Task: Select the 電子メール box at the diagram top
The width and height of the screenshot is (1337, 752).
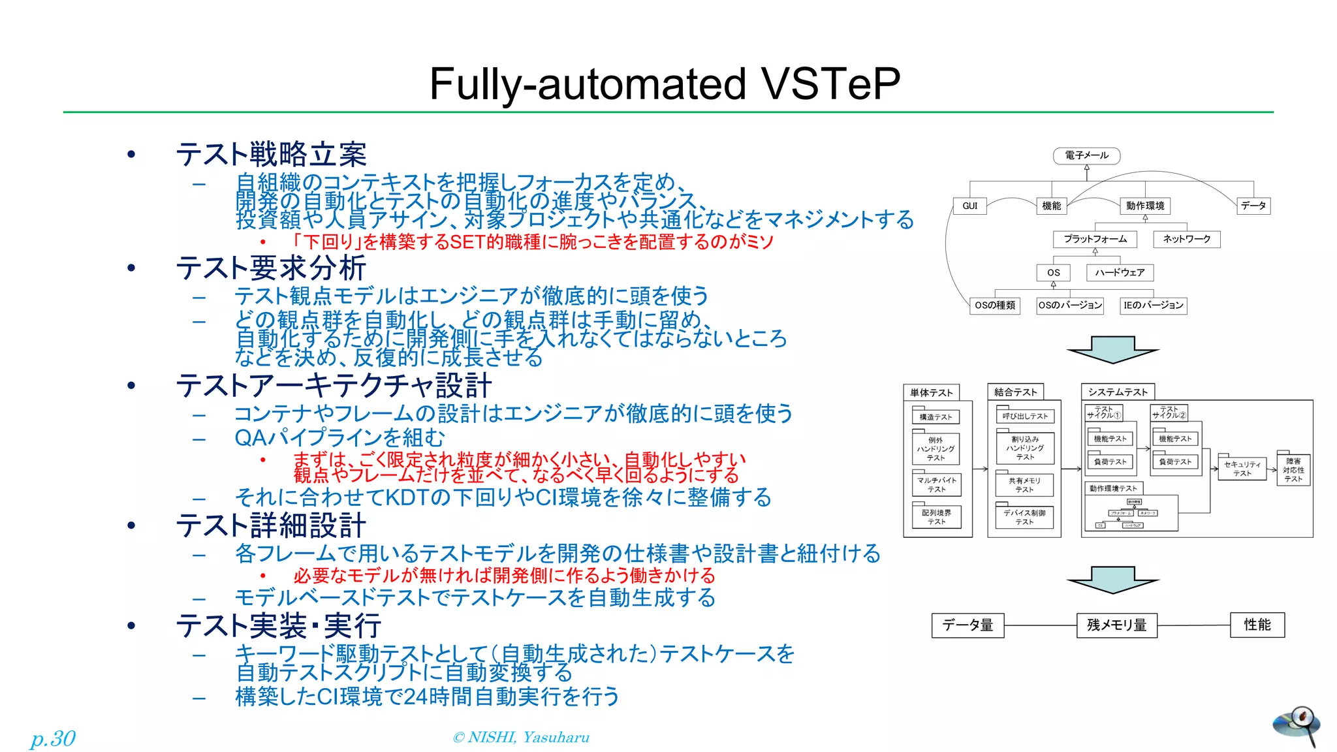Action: (x=1086, y=155)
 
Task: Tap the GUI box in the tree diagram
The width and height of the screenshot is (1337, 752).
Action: (x=969, y=206)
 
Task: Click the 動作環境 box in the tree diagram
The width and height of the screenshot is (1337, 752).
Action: (x=1145, y=206)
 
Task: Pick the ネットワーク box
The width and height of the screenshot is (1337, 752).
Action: (x=1186, y=239)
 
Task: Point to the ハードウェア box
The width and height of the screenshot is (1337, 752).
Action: (x=1120, y=272)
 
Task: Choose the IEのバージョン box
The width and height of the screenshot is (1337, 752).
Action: (x=1153, y=305)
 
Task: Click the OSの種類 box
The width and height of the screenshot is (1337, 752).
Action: (x=995, y=305)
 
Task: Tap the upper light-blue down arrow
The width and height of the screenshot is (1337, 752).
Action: (x=1112, y=349)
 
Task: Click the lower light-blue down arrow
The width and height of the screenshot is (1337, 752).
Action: (x=1112, y=579)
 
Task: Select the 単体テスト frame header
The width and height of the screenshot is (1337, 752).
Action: (x=931, y=392)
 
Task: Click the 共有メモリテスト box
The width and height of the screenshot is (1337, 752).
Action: (x=1024, y=485)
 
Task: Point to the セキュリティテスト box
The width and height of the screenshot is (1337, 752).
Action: (x=1242, y=469)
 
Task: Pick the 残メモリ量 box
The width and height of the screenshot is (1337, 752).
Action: (x=1116, y=625)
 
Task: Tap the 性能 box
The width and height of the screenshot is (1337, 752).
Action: (x=1257, y=625)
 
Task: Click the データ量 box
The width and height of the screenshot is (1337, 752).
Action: (x=967, y=625)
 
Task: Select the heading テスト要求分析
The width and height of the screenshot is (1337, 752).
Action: (x=270, y=268)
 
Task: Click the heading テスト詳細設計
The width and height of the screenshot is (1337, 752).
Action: (x=270, y=525)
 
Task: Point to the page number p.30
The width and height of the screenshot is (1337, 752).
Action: (x=53, y=738)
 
